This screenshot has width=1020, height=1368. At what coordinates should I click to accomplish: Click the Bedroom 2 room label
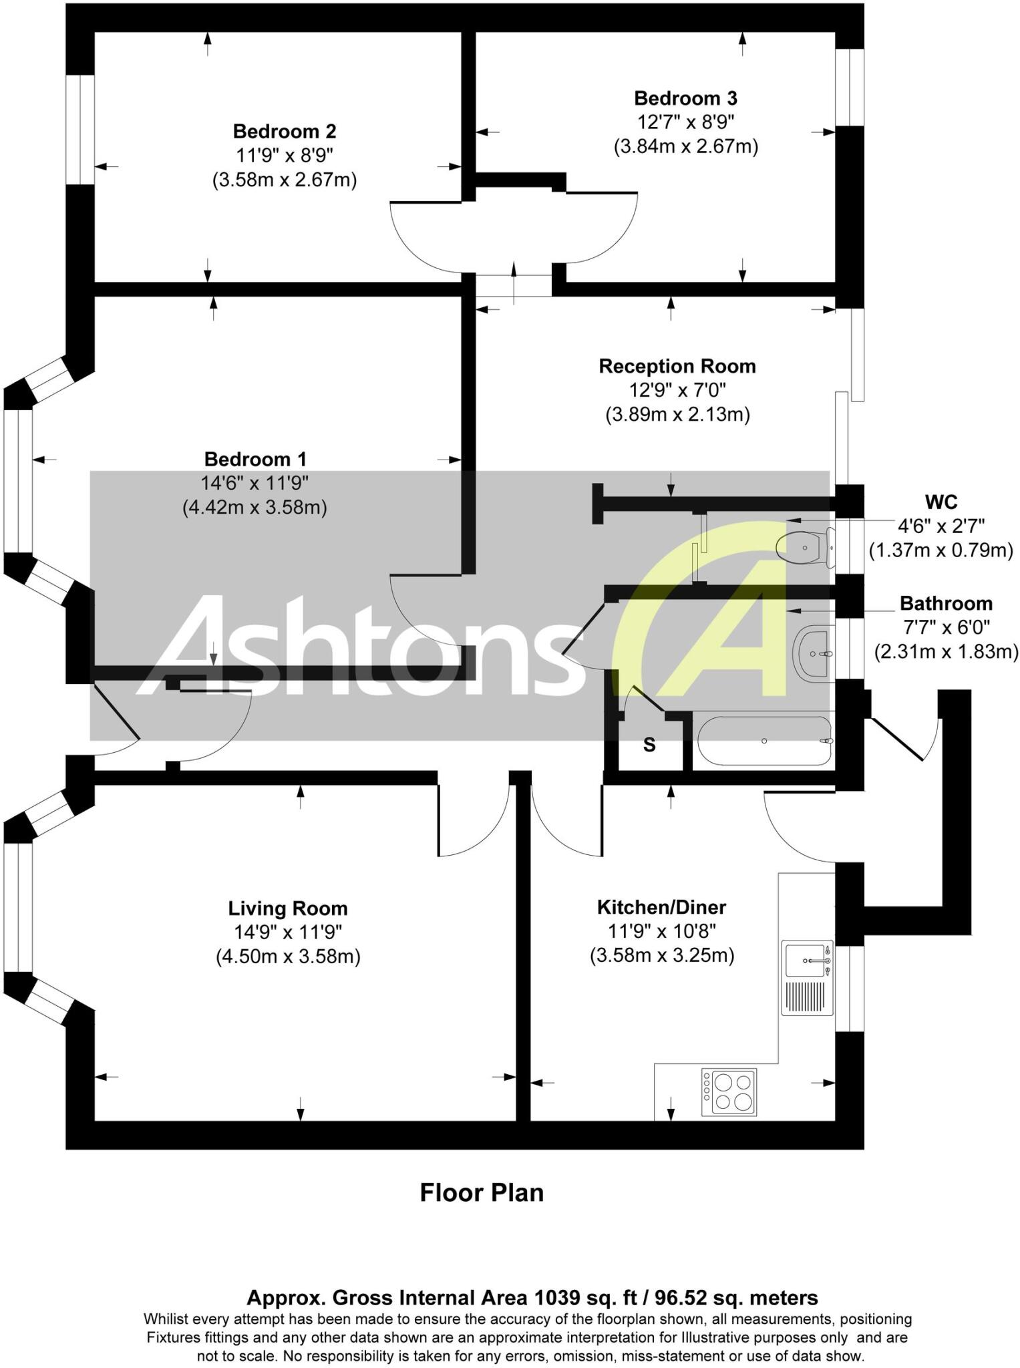284,131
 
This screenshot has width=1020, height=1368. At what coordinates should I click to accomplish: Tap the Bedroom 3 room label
685,98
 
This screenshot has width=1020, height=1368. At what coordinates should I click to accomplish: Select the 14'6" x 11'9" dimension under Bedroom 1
254,483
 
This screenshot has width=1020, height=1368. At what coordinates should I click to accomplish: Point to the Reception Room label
677,366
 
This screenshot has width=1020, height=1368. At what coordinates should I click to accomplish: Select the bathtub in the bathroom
764,741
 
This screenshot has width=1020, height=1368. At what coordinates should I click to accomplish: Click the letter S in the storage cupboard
649,745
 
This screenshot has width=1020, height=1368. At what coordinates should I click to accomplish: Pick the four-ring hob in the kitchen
729,1091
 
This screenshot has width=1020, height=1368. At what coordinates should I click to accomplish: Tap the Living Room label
288,908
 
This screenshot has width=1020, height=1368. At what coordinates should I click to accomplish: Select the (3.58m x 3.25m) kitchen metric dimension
661,956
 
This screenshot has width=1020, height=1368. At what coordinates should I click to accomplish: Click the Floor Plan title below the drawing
482,1192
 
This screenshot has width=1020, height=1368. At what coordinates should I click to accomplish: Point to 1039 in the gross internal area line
556,1298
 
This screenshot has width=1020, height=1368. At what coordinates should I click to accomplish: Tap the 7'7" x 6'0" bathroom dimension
945,627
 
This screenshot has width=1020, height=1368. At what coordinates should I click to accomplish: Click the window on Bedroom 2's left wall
80,129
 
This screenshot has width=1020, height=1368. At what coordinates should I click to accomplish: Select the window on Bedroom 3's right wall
850,87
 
